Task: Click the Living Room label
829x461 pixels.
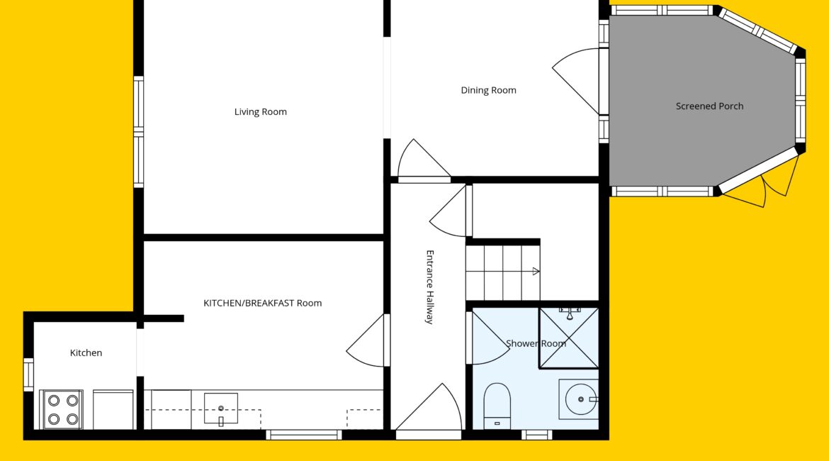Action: click(x=261, y=111)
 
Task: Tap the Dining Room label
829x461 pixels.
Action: click(x=488, y=91)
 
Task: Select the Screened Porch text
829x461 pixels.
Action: click(x=709, y=106)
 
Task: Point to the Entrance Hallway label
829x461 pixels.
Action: click(x=430, y=287)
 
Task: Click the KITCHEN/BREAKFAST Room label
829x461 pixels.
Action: click(x=263, y=304)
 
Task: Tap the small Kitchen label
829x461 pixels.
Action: click(x=86, y=353)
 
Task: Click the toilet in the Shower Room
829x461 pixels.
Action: click(x=497, y=406)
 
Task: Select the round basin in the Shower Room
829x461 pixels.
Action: click(x=579, y=399)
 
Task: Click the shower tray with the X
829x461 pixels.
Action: click(x=569, y=338)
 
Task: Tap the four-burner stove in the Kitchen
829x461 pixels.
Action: click(x=62, y=410)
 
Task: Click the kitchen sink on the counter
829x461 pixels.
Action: click(x=221, y=409)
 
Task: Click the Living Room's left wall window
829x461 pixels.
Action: click(x=138, y=132)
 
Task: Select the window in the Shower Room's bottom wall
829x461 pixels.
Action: click(x=536, y=435)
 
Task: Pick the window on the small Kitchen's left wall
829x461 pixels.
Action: click(x=28, y=374)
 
